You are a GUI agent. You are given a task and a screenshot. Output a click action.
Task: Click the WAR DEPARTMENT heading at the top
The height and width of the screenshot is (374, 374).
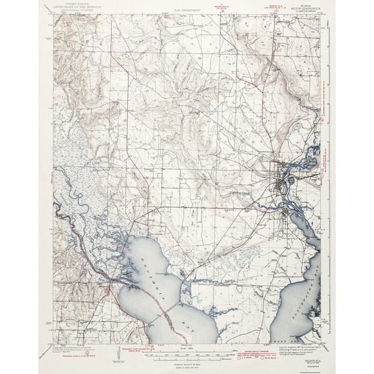[x=187, y=11]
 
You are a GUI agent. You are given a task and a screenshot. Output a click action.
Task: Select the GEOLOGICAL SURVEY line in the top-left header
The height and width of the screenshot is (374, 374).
[x=71, y=11]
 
